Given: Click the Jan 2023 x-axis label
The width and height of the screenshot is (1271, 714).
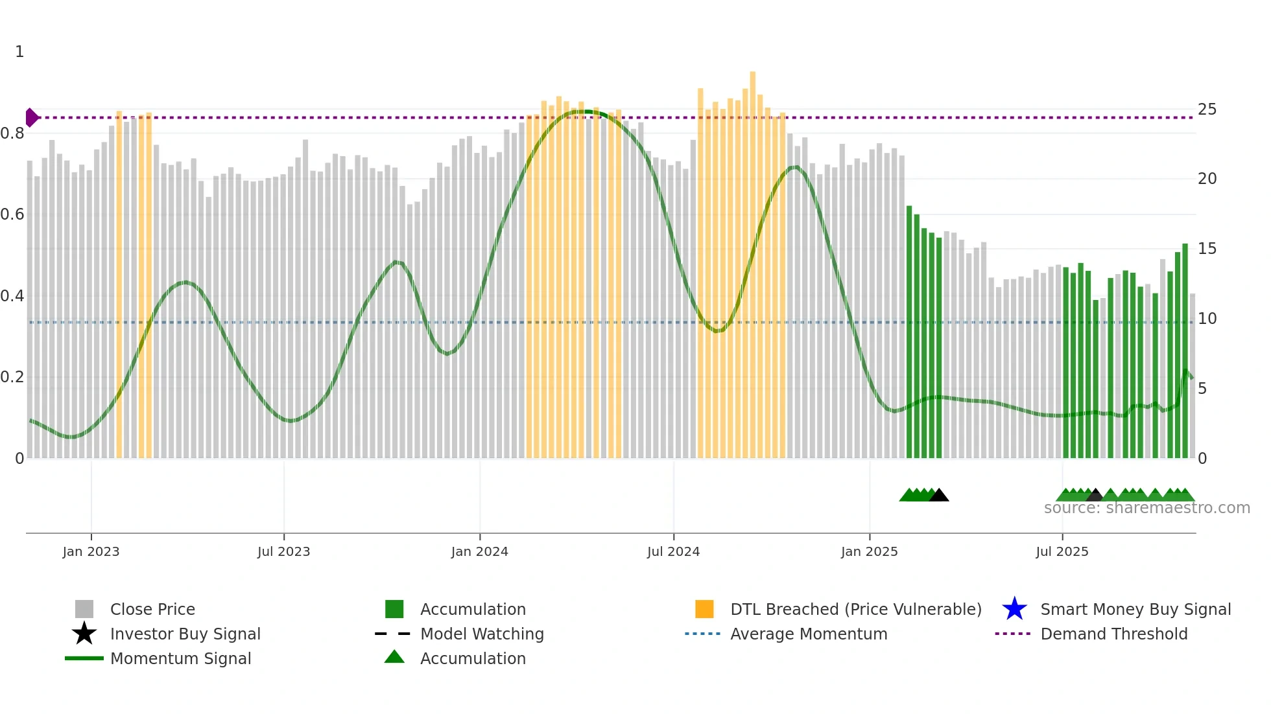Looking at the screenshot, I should coord(91,551).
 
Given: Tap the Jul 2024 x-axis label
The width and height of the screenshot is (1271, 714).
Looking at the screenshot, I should coord(673,551).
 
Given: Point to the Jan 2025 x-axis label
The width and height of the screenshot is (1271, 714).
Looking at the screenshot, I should coord(869,551).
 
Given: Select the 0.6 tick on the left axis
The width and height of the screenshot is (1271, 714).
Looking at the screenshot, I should coord(12,214).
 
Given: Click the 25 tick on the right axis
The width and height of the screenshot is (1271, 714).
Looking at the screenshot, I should coord(1207,109).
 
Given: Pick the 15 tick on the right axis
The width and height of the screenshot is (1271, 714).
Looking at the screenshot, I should coord(1207,249).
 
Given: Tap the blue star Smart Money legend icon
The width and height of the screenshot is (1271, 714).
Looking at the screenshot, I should coord(1014,609).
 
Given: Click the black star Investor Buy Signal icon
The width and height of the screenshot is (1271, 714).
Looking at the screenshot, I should coord(84,634).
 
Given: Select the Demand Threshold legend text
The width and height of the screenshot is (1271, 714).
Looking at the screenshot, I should coord(1113,634).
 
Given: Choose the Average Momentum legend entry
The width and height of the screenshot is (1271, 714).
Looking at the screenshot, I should coord(808,634).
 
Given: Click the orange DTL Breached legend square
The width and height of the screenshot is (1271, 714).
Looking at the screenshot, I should coord(704,609).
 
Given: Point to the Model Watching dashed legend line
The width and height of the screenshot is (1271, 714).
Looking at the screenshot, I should coord(393,634).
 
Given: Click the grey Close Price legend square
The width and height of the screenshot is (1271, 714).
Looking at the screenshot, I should coord(84,609).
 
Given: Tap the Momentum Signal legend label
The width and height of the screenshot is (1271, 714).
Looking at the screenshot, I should coord(180,658).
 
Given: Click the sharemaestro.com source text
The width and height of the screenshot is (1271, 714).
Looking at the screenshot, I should coord(1146,508).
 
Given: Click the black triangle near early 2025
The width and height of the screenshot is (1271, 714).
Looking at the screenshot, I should coord(938,496).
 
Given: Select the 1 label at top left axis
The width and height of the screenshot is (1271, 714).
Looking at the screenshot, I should coord(19,52).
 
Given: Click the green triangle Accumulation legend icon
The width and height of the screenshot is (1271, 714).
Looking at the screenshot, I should coord(394,657).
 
